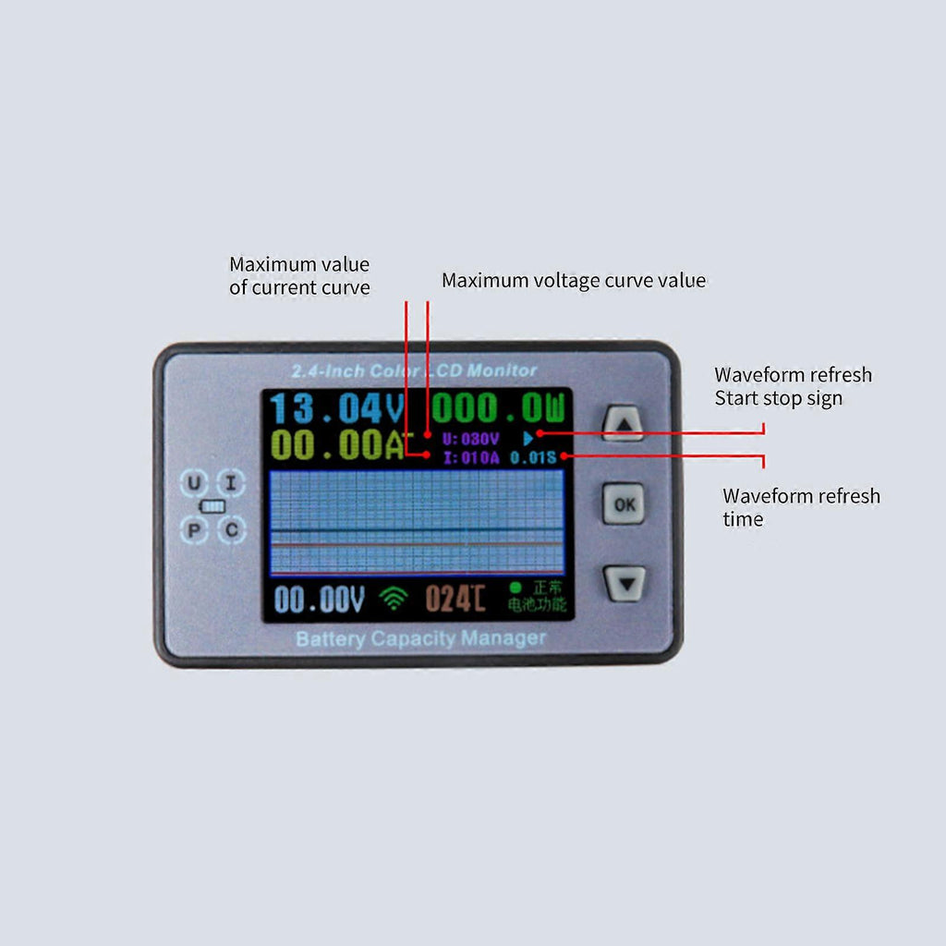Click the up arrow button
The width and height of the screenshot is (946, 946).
pos(624,423)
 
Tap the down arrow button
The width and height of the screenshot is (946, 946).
pos(625,583)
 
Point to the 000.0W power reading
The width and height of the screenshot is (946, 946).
pos(498,407)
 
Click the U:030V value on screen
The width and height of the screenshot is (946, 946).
pos(470,439)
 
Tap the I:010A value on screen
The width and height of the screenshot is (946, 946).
pos(470,458)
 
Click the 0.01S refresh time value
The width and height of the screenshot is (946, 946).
pos(533,458)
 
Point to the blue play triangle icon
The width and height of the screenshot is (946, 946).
pos(528,438)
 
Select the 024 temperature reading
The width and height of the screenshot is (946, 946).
pos(455,600)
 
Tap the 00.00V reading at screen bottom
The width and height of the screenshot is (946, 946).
pos(320,600)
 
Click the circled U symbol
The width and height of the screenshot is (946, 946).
pos(193,483)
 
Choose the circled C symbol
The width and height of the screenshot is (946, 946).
pos(232,529)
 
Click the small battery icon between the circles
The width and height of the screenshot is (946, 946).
pos(212,506)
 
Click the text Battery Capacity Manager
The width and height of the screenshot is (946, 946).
pos(420,638)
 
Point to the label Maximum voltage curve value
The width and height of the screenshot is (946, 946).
pos(573,280)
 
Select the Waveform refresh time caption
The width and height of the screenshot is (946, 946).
pos(800,507)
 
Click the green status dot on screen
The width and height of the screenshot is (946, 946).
pos(515,588)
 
